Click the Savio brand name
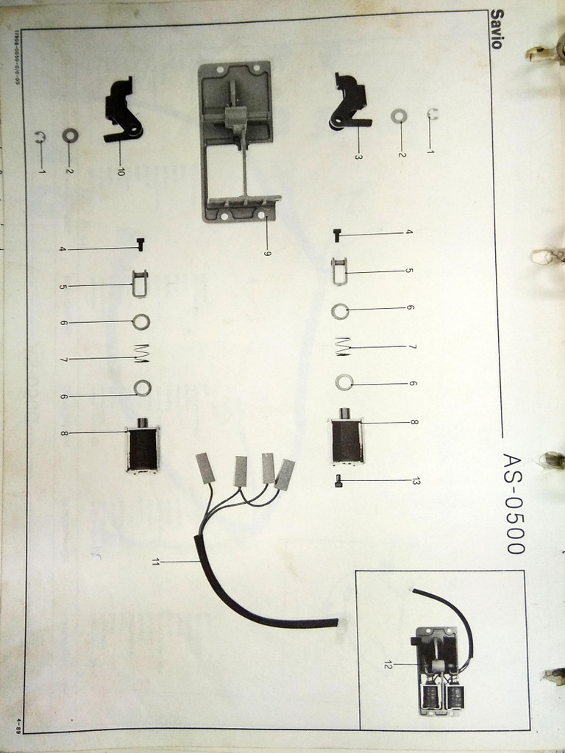click(497, 29)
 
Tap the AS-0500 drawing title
click(513, 503)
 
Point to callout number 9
click(268, 254)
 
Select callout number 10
click(121, 171)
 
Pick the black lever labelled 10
click(122, 110)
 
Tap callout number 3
click(358, 157)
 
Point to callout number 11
click(155, 562)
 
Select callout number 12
click(387, 665)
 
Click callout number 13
click(416, 481)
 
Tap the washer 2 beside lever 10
click(71, 135)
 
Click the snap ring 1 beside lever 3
click(433, 113)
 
